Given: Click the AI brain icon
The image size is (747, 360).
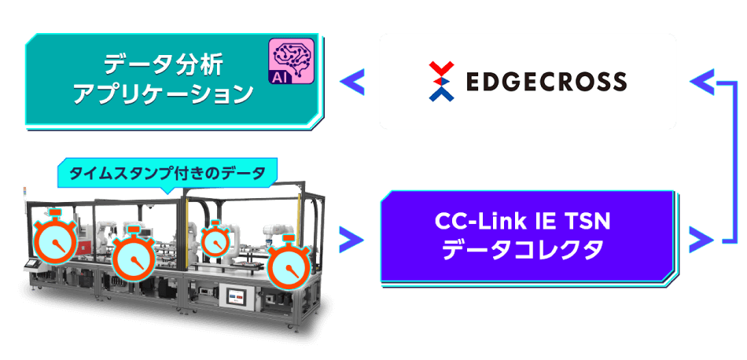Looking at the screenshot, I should tap(291, 61).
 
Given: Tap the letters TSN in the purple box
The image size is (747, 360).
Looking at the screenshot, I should tap(589, 222).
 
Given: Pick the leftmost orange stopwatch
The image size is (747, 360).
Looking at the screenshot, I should tap(53, 238).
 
